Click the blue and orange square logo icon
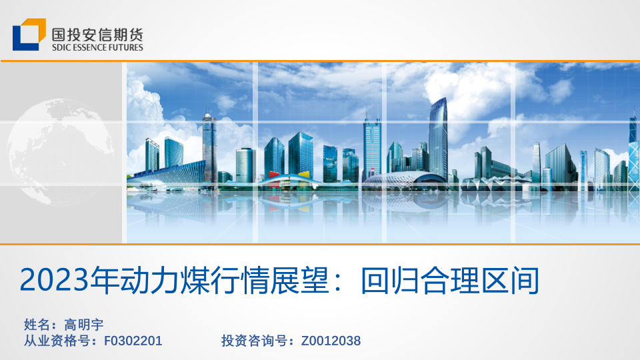(29, 35)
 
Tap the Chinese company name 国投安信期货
(97, 34)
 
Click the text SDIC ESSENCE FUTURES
(97, 47)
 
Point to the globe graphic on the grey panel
(61, 152)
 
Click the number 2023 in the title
(54, 280)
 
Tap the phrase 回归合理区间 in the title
(450, 280)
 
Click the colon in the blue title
(338, 281)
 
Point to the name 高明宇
(84, 325)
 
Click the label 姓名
(37, 325)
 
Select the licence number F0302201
(133, 341)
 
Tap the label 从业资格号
(57, 341)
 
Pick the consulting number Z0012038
(331, 341)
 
